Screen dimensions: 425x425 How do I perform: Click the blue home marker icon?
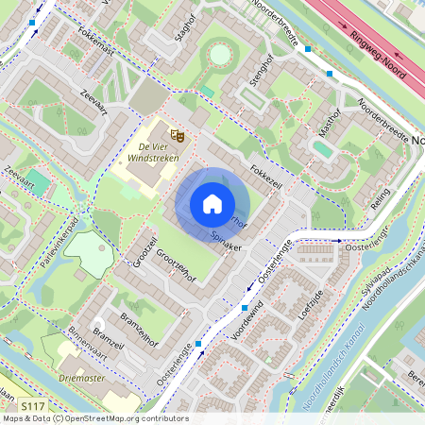[212, 203]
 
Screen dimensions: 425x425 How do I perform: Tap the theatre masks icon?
[175, 134]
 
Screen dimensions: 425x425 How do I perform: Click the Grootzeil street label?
[143, 247]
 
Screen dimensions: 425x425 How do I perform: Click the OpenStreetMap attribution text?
[94, 418]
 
